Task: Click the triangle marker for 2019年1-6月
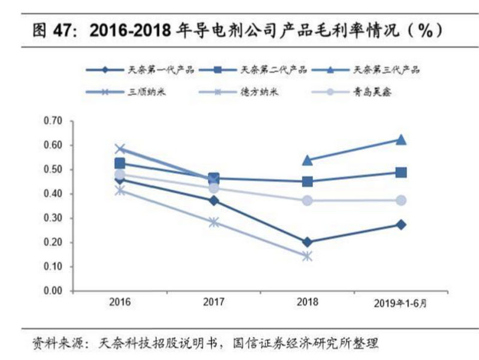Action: pyautogui.click(x=401, y=140)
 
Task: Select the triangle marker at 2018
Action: pyautogui.click(x=307, y=161)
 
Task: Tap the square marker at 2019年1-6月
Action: pyautogui.click(x=401, y=173)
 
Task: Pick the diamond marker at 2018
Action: pyautogui.click(x=307, y=242)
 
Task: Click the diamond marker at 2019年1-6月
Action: pyautogui.click(x=401, y=225)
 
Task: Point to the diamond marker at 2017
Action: pyautogui.click(x=214, y=201)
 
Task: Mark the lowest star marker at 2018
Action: pyautogui.click(x=307, y=256)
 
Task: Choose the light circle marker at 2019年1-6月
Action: pyautogui.click(x=401, y=201)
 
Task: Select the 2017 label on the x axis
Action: pyautogui.click(x=214, y=302)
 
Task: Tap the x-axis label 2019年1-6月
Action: pyautogui.click(x=401, y=303)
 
